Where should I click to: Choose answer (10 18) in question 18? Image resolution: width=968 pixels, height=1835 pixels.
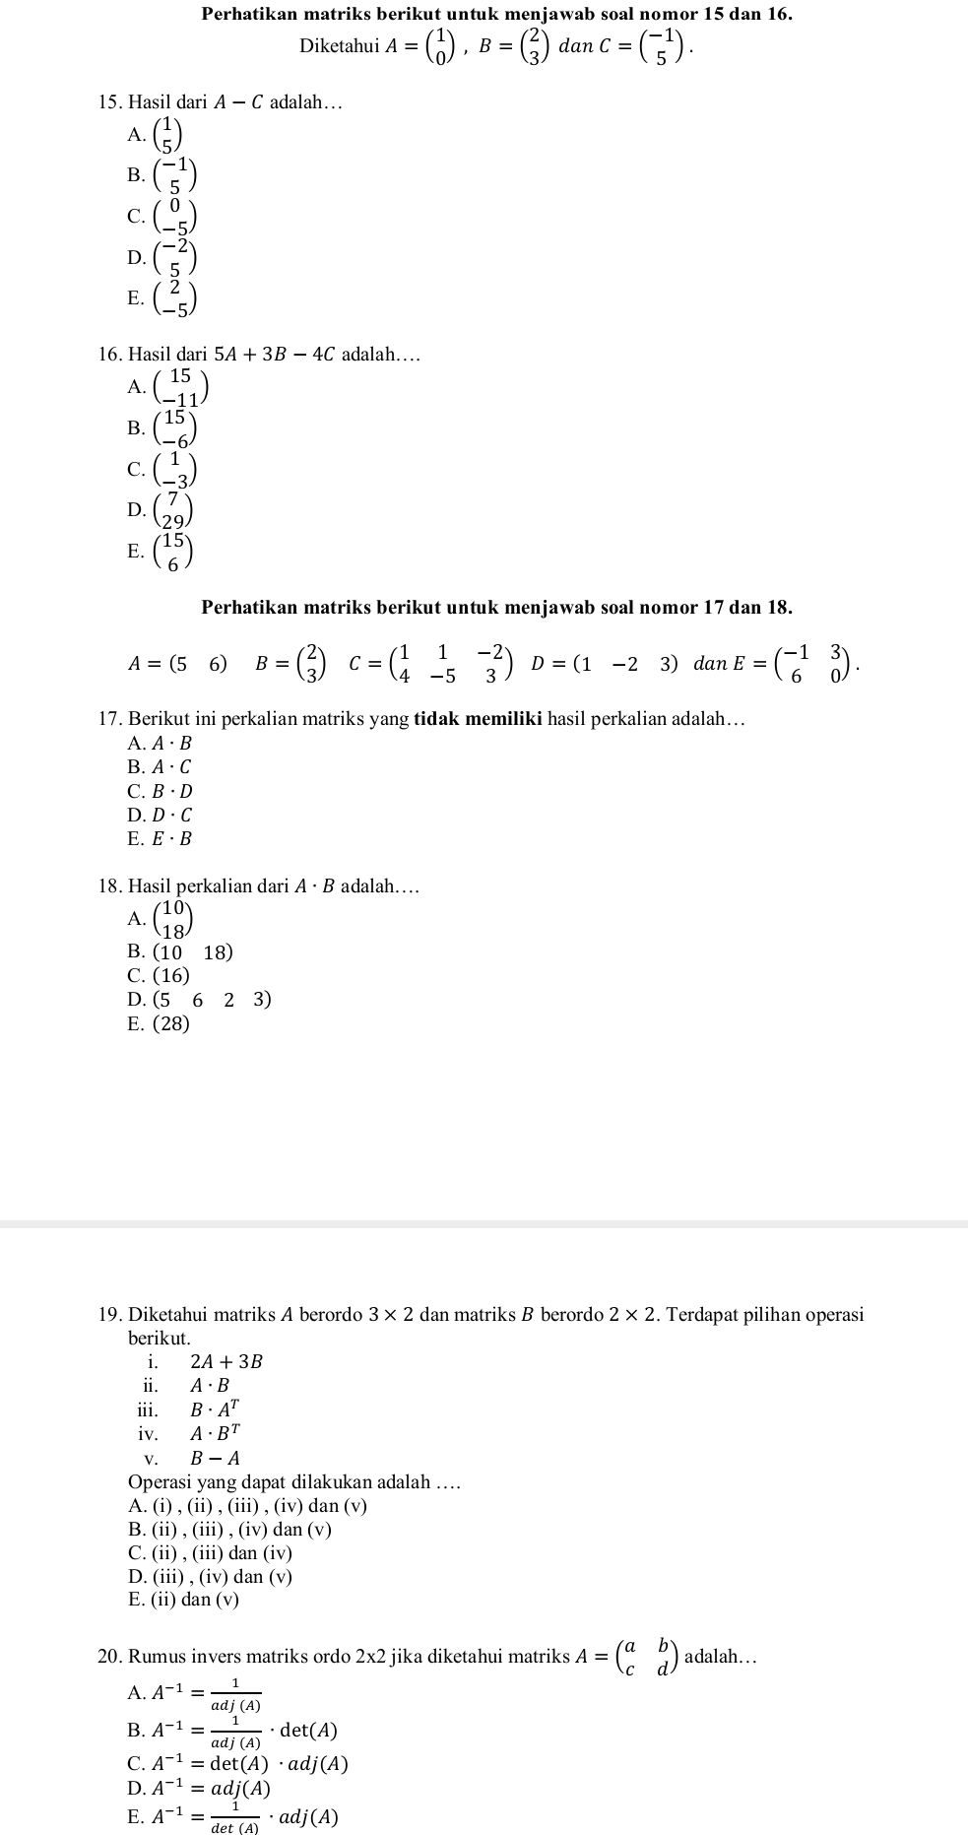tap(182, 952)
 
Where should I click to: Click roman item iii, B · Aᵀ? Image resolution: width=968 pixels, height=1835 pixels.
tap(213, 1409)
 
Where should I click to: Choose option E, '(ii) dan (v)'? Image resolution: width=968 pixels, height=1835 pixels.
tap(184, 1600)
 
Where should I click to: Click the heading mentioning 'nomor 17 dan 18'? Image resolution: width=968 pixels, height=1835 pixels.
tap(496, 607)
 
